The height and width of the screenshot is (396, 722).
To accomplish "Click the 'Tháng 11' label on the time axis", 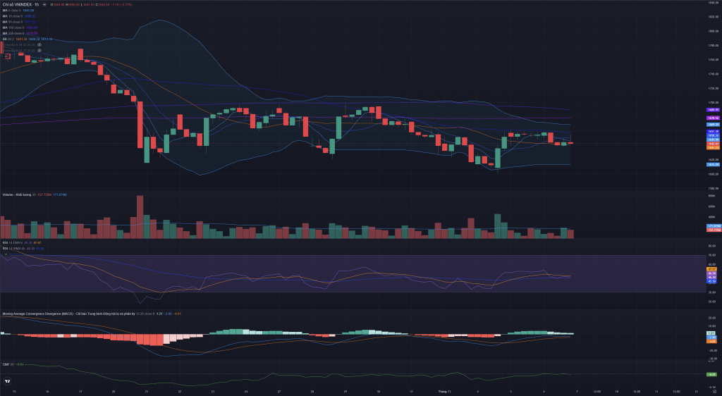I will pyautogui.click(x=443, y=390).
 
